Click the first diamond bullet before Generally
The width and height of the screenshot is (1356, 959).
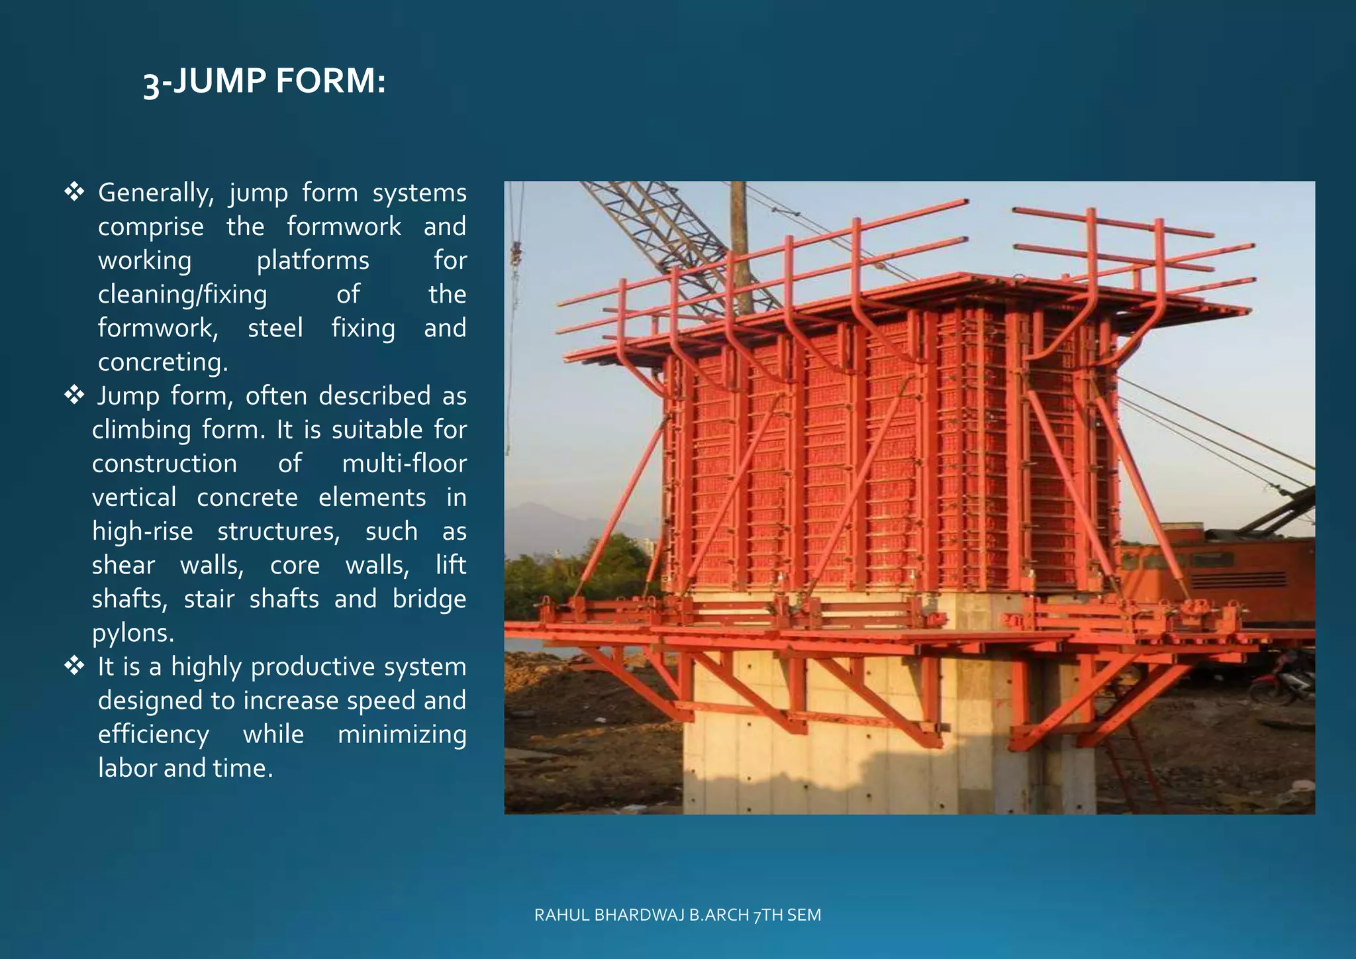74,192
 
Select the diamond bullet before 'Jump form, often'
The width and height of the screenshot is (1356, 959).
74,395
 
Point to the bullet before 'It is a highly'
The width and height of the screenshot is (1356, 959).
74,666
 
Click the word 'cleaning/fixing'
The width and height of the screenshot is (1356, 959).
182,294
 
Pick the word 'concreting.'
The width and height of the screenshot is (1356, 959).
163,362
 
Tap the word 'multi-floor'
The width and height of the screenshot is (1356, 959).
404,463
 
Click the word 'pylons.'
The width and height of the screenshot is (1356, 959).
133,632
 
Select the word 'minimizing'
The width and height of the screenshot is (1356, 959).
402,734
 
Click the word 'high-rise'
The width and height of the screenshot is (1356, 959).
142,531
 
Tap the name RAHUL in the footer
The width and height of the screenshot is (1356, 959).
562,915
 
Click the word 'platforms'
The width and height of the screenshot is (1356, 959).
313,260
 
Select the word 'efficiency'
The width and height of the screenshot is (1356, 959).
154,734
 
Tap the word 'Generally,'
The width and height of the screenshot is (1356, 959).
156,193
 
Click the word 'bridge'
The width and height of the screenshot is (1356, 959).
429,599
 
